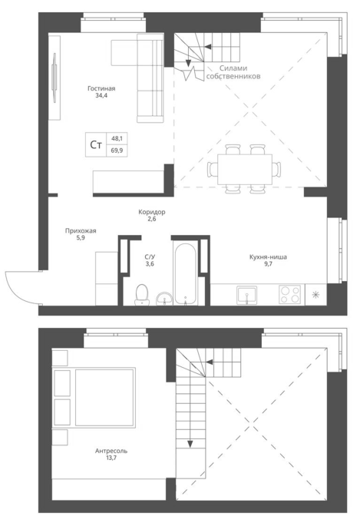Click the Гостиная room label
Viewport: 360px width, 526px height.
click(x=101, y=88)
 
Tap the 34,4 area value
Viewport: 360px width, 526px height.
click(x=101, y=96)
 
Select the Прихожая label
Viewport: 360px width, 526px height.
click(x=81, y=231)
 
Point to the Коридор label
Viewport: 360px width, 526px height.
click(x=152, y=212)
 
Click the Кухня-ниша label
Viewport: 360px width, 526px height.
click(x=268, y=257)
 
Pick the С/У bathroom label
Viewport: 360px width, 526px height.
click(x=150, y=257)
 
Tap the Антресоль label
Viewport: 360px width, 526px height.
click(x=111, y=452)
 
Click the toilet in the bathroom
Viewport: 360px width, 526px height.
click(x=142, y=295)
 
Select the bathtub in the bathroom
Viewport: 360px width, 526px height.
click(x=185, y=274)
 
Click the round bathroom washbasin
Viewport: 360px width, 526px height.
click(x=164, y=298)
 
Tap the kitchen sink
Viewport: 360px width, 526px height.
click(x=246, y=295)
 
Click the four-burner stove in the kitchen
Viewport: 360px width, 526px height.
click(x=290, y=294)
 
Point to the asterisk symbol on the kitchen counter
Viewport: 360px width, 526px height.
click(x=315, y=295)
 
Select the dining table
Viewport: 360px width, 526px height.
click(x=245, y=169)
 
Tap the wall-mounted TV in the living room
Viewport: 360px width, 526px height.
click(x=54, y=77)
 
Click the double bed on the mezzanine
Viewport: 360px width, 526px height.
click(x=94, y=398)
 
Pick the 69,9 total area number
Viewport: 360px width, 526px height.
click(x=117, y=151)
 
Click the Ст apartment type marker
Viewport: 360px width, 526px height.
click(x=96, y=145)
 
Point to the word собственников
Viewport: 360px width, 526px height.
click(x=233, y=77)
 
